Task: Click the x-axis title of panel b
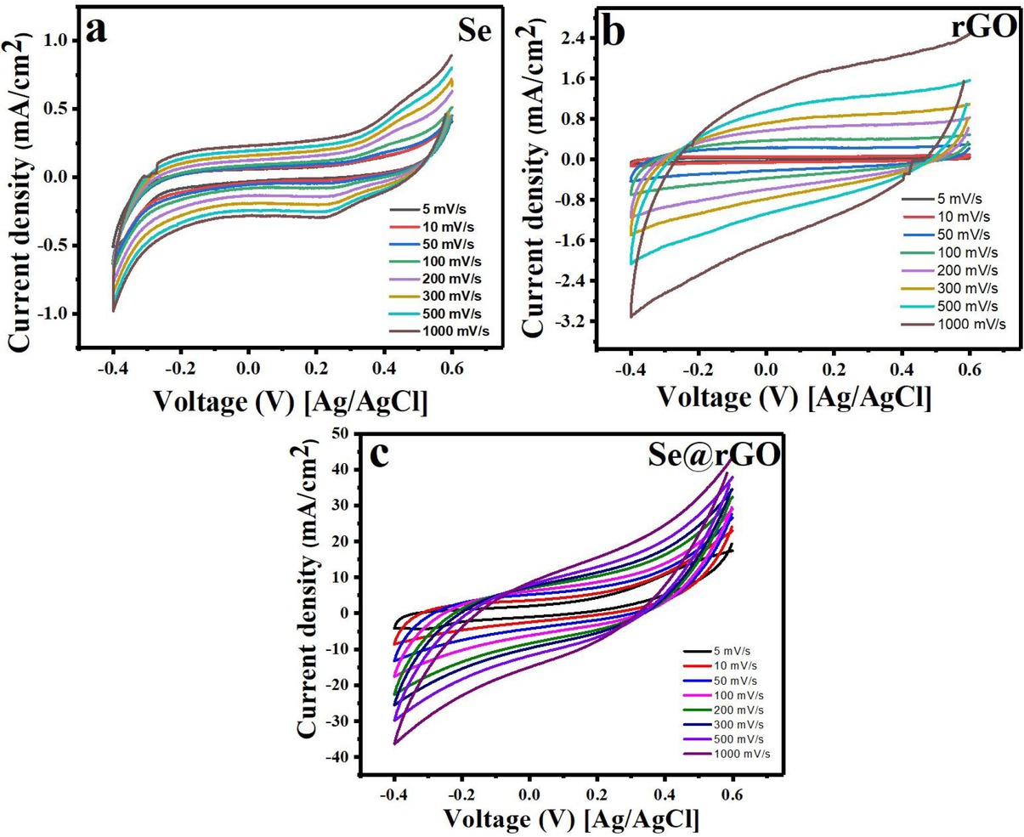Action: [x=795, y=396]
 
